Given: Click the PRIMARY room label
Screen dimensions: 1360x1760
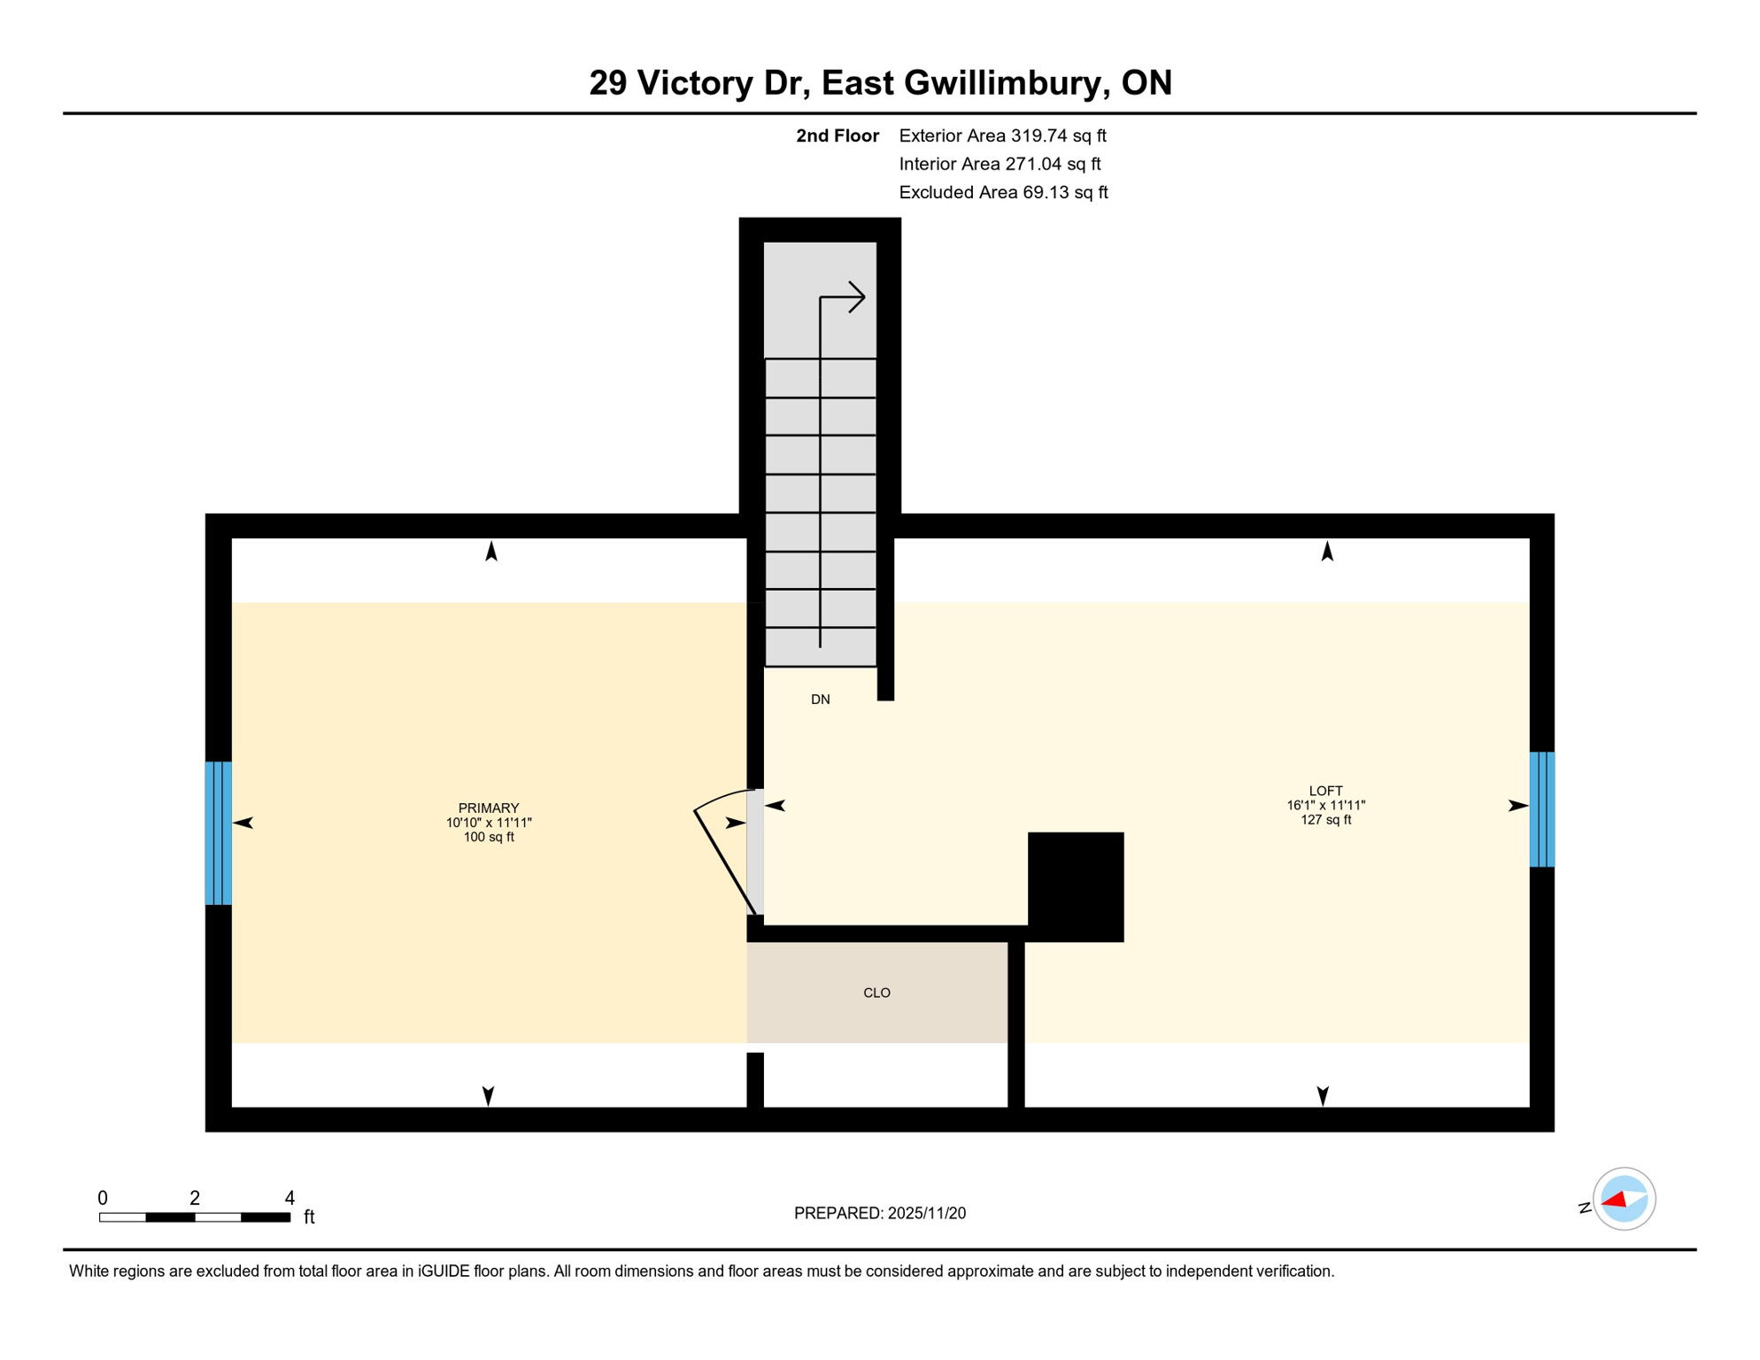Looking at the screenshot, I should point(488,807).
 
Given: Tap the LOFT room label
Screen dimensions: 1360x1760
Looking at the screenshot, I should point(1325,791).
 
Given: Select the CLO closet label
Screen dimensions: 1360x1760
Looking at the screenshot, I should point(876,993).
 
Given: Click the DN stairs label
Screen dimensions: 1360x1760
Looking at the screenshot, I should point(820,699).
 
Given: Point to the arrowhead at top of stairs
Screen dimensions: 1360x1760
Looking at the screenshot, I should point(855,297).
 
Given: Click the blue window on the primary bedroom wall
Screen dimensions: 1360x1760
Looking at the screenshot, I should point(219,832).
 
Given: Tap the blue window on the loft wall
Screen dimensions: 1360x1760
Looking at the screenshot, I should point(1541,808).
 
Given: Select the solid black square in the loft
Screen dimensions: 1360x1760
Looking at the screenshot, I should point(1075,886).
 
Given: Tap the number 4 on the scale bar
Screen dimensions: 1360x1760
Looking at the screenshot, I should point(289,1198).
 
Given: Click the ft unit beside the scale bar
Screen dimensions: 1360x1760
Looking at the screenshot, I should point(309,1217).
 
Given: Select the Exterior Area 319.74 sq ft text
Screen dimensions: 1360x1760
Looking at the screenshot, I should point(1002,135).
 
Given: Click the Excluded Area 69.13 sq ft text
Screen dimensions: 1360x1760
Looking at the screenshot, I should point(1002,192).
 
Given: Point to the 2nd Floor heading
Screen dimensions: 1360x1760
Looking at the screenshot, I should point(837,135).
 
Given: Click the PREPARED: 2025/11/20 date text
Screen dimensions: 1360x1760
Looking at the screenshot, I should point(879,1213).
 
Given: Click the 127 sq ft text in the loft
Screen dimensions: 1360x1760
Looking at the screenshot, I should point(1325,820).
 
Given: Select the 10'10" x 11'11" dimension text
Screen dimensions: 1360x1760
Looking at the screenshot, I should point(488,823).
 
